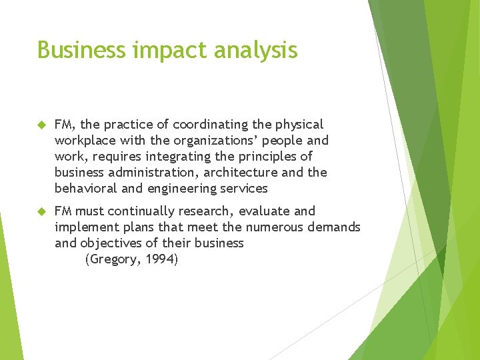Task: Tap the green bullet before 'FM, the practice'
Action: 41,125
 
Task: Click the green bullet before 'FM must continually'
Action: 41,211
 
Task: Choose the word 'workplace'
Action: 84,141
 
